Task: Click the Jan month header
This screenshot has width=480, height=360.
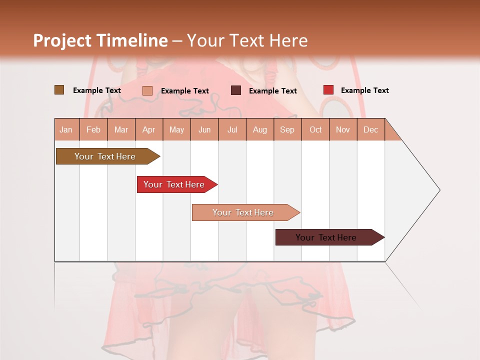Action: tap(66, 129)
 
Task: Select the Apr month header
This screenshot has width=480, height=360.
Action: tap(149, 129)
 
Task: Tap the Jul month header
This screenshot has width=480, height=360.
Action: tap(232, 129)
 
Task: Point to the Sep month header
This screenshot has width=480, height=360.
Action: tap(287, 129)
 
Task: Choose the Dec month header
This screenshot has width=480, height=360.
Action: tap(370, 129)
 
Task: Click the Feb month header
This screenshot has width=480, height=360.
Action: tap(93, 129)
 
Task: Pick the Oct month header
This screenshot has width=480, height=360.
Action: tap(315, 129)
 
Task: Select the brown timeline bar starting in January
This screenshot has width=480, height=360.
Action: tap(105, 156)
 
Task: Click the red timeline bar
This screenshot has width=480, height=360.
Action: tap(174, 184)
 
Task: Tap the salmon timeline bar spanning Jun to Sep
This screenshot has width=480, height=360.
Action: tap(243, 212)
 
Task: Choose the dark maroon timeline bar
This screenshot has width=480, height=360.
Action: tap(326, 237)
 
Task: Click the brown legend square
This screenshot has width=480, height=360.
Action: tap(59, 90)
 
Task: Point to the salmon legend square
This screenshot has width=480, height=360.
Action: tap(147, 90)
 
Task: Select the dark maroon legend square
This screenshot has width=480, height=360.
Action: tap(236, 90)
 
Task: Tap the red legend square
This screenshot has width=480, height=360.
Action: tap(328, 90)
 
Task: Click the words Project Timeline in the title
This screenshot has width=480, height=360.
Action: tap(100, 40)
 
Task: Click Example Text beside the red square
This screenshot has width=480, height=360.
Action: tap(364, 90)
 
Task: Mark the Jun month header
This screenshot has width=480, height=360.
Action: tap(204, 129)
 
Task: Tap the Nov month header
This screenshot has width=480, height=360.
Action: tap(343, 129)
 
